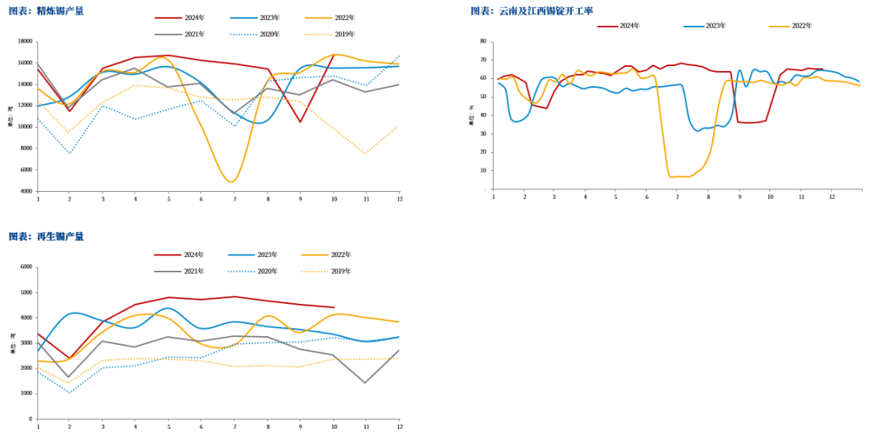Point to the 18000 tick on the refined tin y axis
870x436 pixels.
tap(25, 41)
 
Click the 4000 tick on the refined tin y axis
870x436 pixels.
tap(27, 191)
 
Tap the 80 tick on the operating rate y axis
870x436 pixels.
tap(483, 41)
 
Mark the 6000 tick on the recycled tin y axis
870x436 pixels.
tap(27, 267)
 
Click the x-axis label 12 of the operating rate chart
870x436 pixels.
tap(832, 197)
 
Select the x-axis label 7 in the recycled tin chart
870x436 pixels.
tap(234, 426)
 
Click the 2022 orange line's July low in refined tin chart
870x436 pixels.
tap(231, 181)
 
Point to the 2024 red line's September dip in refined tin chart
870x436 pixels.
tap(300, 122)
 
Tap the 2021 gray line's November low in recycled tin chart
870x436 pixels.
tap(365, 383)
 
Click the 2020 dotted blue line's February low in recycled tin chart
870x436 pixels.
tap(69, 393)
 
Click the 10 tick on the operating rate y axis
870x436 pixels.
tap(483, 170)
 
